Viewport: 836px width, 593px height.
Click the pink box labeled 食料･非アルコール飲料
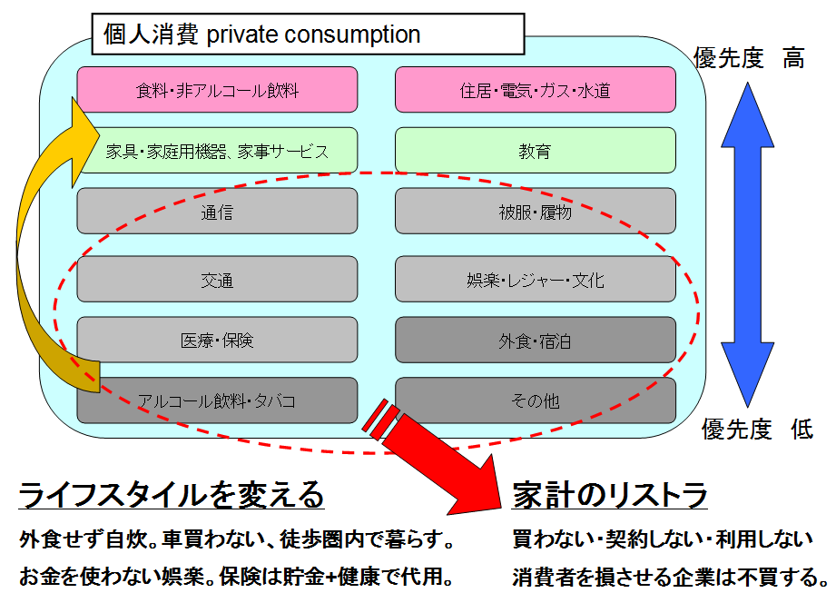click(x=217, y=90)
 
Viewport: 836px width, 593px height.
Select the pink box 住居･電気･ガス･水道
click(x=536, y=90)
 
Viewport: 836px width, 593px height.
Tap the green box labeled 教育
click(x=536, y=151)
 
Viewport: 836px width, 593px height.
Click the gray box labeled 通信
click(x=217, y=212)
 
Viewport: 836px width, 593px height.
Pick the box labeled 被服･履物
click(x=536, y=212)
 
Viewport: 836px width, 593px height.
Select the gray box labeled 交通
click(x=217, y=280)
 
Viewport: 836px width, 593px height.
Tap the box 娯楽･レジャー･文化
click(x=536, y=280)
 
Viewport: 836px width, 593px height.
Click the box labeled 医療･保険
click(x=217, y=341)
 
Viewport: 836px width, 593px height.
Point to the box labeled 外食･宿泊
click(x=536, y=341)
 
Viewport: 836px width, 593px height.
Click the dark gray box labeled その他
click(x=536, y=400)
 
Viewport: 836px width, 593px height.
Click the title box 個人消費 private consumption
click(x=308, y=35)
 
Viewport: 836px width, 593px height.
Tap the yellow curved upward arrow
click(x=36, y=254)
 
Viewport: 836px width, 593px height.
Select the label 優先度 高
click(x=748, y=58)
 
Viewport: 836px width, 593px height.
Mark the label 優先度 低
click(x=757, y=430)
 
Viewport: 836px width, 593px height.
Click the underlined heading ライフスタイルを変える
click(x=172, y=496)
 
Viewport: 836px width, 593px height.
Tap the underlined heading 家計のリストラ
click(x=609, y=496)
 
